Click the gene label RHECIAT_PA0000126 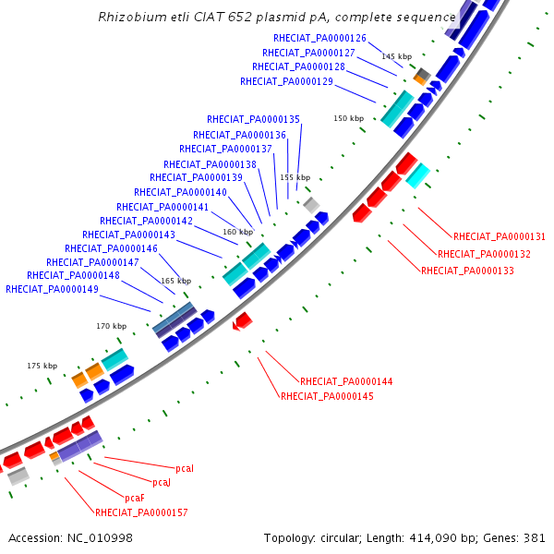point(320,38)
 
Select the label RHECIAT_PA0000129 point(287,81)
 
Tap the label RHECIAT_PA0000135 point(254,119)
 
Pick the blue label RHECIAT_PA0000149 point(52,289)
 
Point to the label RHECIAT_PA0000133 point(467,271)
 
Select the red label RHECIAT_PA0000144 point(346,381)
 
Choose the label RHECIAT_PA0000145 point(327,396)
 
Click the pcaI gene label point(185,469)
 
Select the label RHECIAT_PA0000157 point(141,512)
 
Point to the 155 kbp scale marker point(295,177)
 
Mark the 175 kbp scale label point(42,366)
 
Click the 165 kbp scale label point(176,281)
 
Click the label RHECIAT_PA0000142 point(146,221)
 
